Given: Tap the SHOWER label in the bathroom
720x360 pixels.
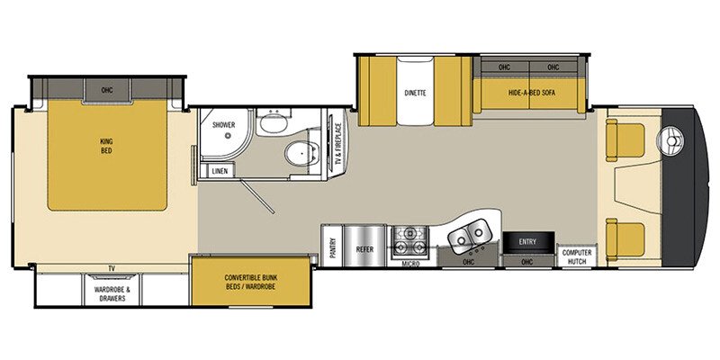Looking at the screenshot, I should (223, 127).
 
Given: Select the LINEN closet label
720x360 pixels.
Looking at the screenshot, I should (219, 171).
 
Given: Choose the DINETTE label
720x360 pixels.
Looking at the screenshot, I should (414, 93).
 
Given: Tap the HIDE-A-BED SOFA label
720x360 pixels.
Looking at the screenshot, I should (531, 93).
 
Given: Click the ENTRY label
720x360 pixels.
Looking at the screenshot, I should (527, 241).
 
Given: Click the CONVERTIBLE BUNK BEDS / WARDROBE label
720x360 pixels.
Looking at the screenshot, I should (251, 281).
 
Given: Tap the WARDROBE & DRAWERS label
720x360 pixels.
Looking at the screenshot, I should (112, 292).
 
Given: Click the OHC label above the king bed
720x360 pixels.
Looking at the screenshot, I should (107, 89).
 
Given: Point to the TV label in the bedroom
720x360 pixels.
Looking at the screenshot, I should (112, 268).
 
